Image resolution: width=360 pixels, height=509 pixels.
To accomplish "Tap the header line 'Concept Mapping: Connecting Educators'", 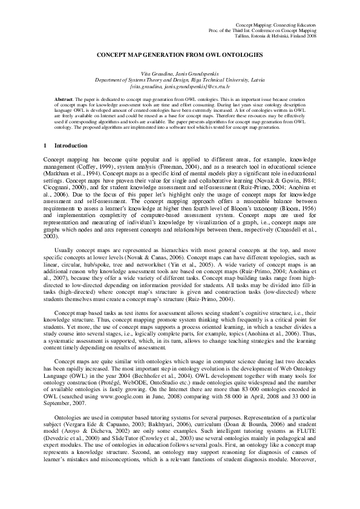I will coord(280,21).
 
